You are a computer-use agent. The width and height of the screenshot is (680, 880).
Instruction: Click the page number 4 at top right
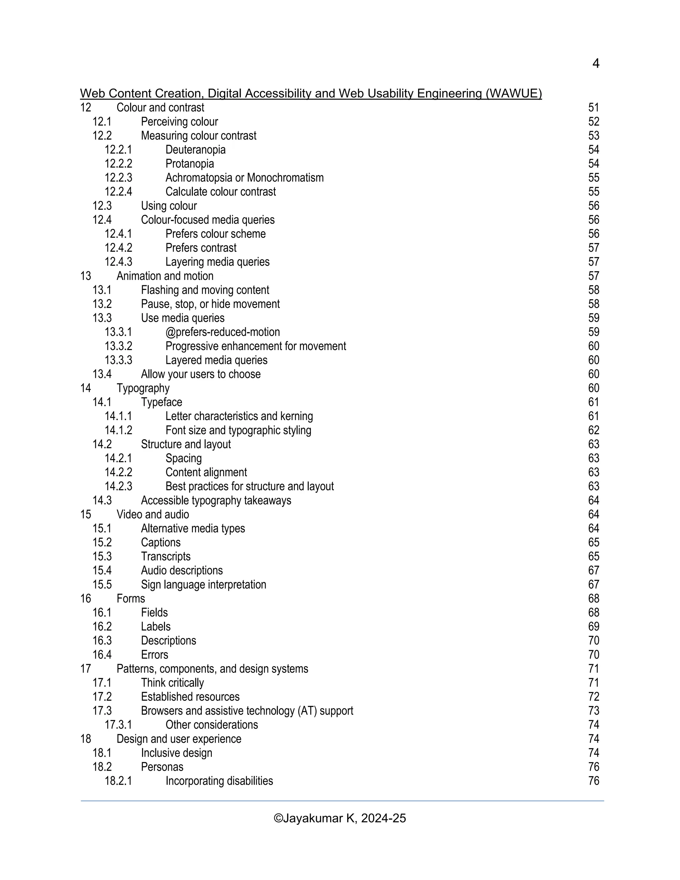point(595,64)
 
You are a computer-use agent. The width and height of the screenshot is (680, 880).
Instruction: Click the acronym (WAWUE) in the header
point(514,94)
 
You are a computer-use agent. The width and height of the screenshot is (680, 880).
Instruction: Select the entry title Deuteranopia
point(195,150)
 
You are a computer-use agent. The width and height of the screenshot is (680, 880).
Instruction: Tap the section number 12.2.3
point(119,178)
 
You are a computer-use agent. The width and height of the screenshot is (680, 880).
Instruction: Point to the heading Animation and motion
point(165,276)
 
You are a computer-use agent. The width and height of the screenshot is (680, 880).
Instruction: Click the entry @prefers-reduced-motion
point(222,332)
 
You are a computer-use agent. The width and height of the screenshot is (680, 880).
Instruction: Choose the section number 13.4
point(102,374)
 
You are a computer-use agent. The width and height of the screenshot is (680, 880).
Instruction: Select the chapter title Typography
point(143,389)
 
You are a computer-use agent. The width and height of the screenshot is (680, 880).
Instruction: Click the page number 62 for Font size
point(593,430)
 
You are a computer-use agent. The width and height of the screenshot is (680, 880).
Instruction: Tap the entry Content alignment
point(206,472)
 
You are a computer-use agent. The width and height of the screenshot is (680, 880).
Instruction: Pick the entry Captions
point(161,542)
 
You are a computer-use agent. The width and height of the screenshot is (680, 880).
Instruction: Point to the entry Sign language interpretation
point(204,585)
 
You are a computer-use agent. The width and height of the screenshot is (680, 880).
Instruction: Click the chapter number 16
point(86,599)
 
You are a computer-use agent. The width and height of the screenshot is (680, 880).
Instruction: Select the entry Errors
point(155,655)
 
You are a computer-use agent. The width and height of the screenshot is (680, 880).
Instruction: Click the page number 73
point(593,711)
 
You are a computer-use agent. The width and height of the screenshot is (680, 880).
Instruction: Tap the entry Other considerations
point(212,725)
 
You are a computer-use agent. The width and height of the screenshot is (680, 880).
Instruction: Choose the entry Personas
point(162,767)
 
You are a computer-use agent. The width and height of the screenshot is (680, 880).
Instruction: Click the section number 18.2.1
point(119,781)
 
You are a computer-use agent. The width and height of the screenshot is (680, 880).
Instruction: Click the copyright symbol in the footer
point(278,818)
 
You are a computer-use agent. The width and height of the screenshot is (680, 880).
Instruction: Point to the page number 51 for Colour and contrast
point(593,108)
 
